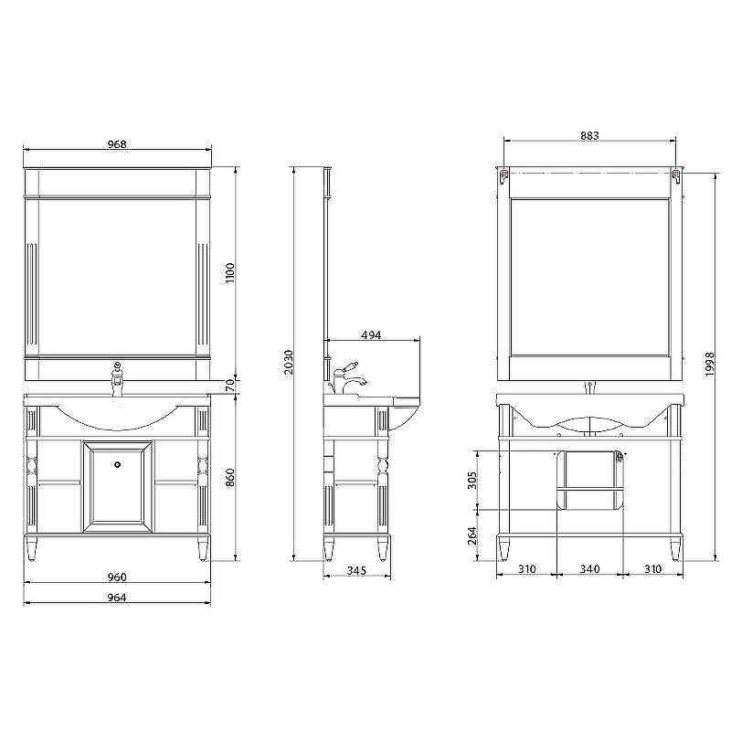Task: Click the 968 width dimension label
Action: pyautogui.click(x=117, y=144)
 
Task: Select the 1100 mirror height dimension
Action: pyautogui.click(x=230, y=273)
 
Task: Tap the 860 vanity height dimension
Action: pyautogui.click(x=230, y=477)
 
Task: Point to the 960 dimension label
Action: pyautogui.click(x=117, y=577)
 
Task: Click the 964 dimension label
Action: pyautogui.click(x=117, y=598)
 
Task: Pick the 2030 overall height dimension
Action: pyautogui.click(x=289, y=362)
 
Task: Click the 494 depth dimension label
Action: pyautogui.click(x=371, y=334)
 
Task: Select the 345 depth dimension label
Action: pyautogui.click(x=357, y=570)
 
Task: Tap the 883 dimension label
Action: pyautogui.click(x=589, y=135)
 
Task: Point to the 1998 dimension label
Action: pyautogui.click(x=710, y=364)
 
